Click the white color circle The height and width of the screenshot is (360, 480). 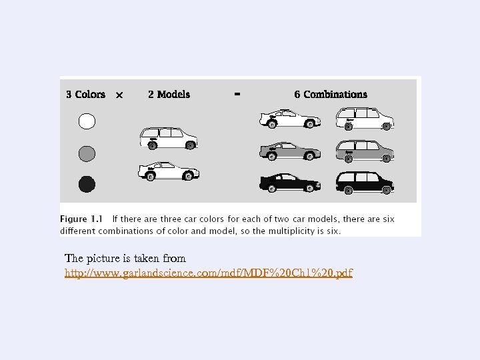click(87, 121)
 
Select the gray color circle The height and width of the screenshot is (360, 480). click(87, 153)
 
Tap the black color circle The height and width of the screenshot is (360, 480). click(87, 183)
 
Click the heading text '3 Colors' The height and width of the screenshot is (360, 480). click(85, 95)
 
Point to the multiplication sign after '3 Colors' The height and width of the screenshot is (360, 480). click(119, 95)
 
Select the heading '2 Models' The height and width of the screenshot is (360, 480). click(169, 95)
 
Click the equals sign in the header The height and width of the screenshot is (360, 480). click(237, 94)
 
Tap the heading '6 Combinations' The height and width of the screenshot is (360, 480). click(331, 95)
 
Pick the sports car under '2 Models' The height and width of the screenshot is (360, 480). click(169, 171)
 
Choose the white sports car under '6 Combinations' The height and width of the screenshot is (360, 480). click(289, 119)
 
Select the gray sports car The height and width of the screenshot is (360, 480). click(289, 151)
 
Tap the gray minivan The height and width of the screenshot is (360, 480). click(365, 151)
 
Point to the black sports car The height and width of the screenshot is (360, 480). click(289, 182)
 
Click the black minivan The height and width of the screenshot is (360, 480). click(365, 182)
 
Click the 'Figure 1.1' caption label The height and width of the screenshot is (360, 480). click(83, 219)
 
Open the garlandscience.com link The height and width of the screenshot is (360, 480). click(209, 273)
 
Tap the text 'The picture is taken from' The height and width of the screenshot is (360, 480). click(125, 258)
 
